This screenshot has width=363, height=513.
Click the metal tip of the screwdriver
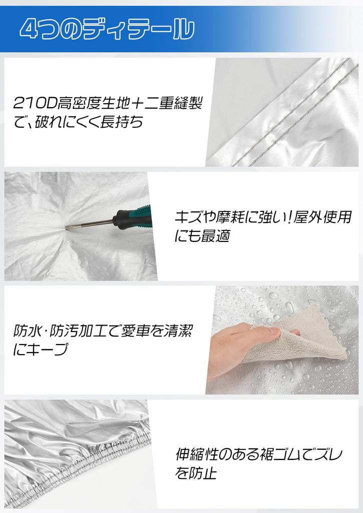(x=67, y=229)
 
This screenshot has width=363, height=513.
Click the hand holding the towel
(x=234, y=347)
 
